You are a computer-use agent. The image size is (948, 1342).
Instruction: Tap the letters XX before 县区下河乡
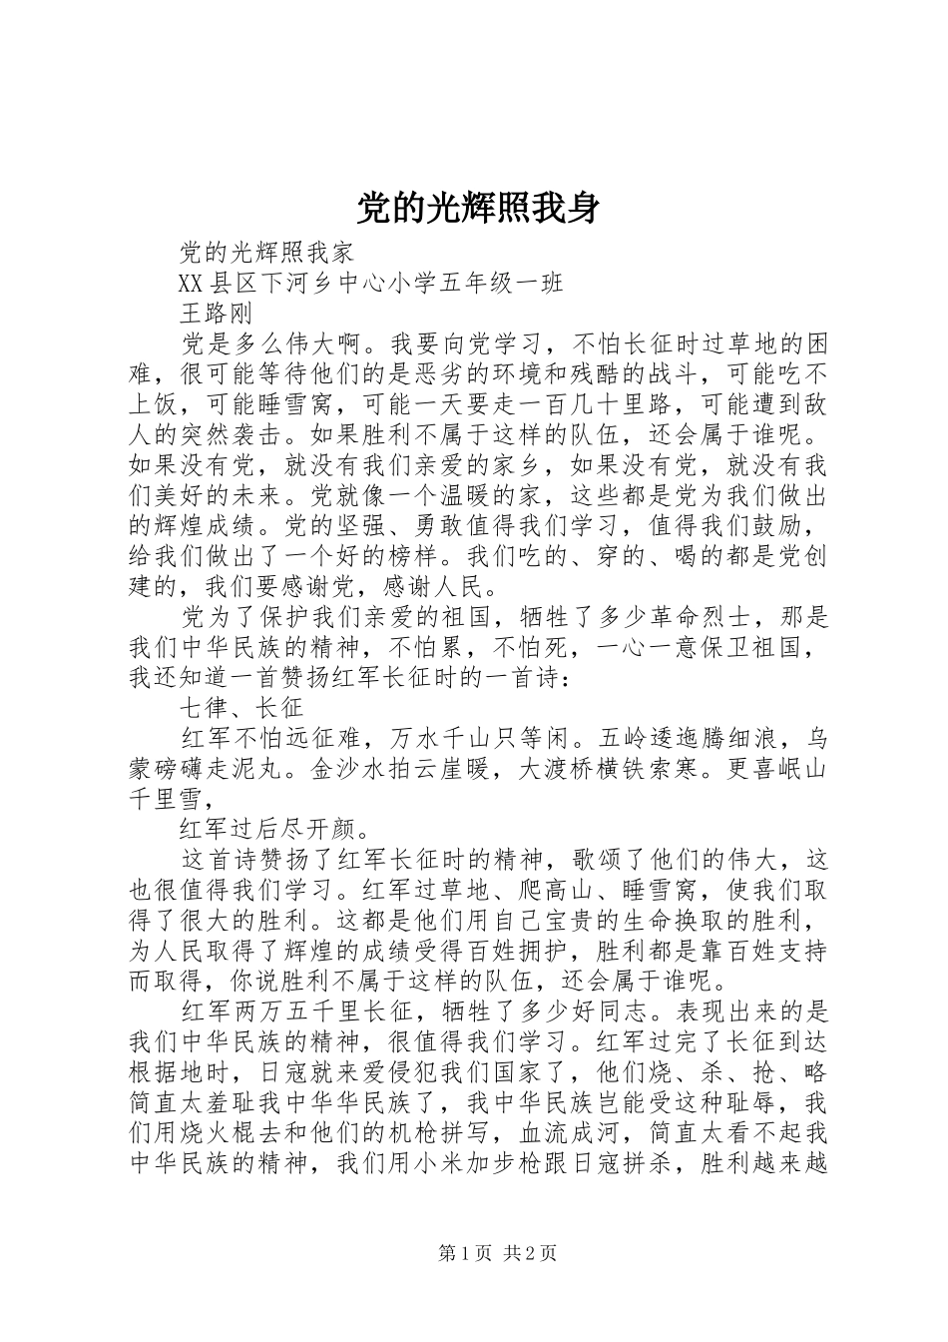tap(191, 283)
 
